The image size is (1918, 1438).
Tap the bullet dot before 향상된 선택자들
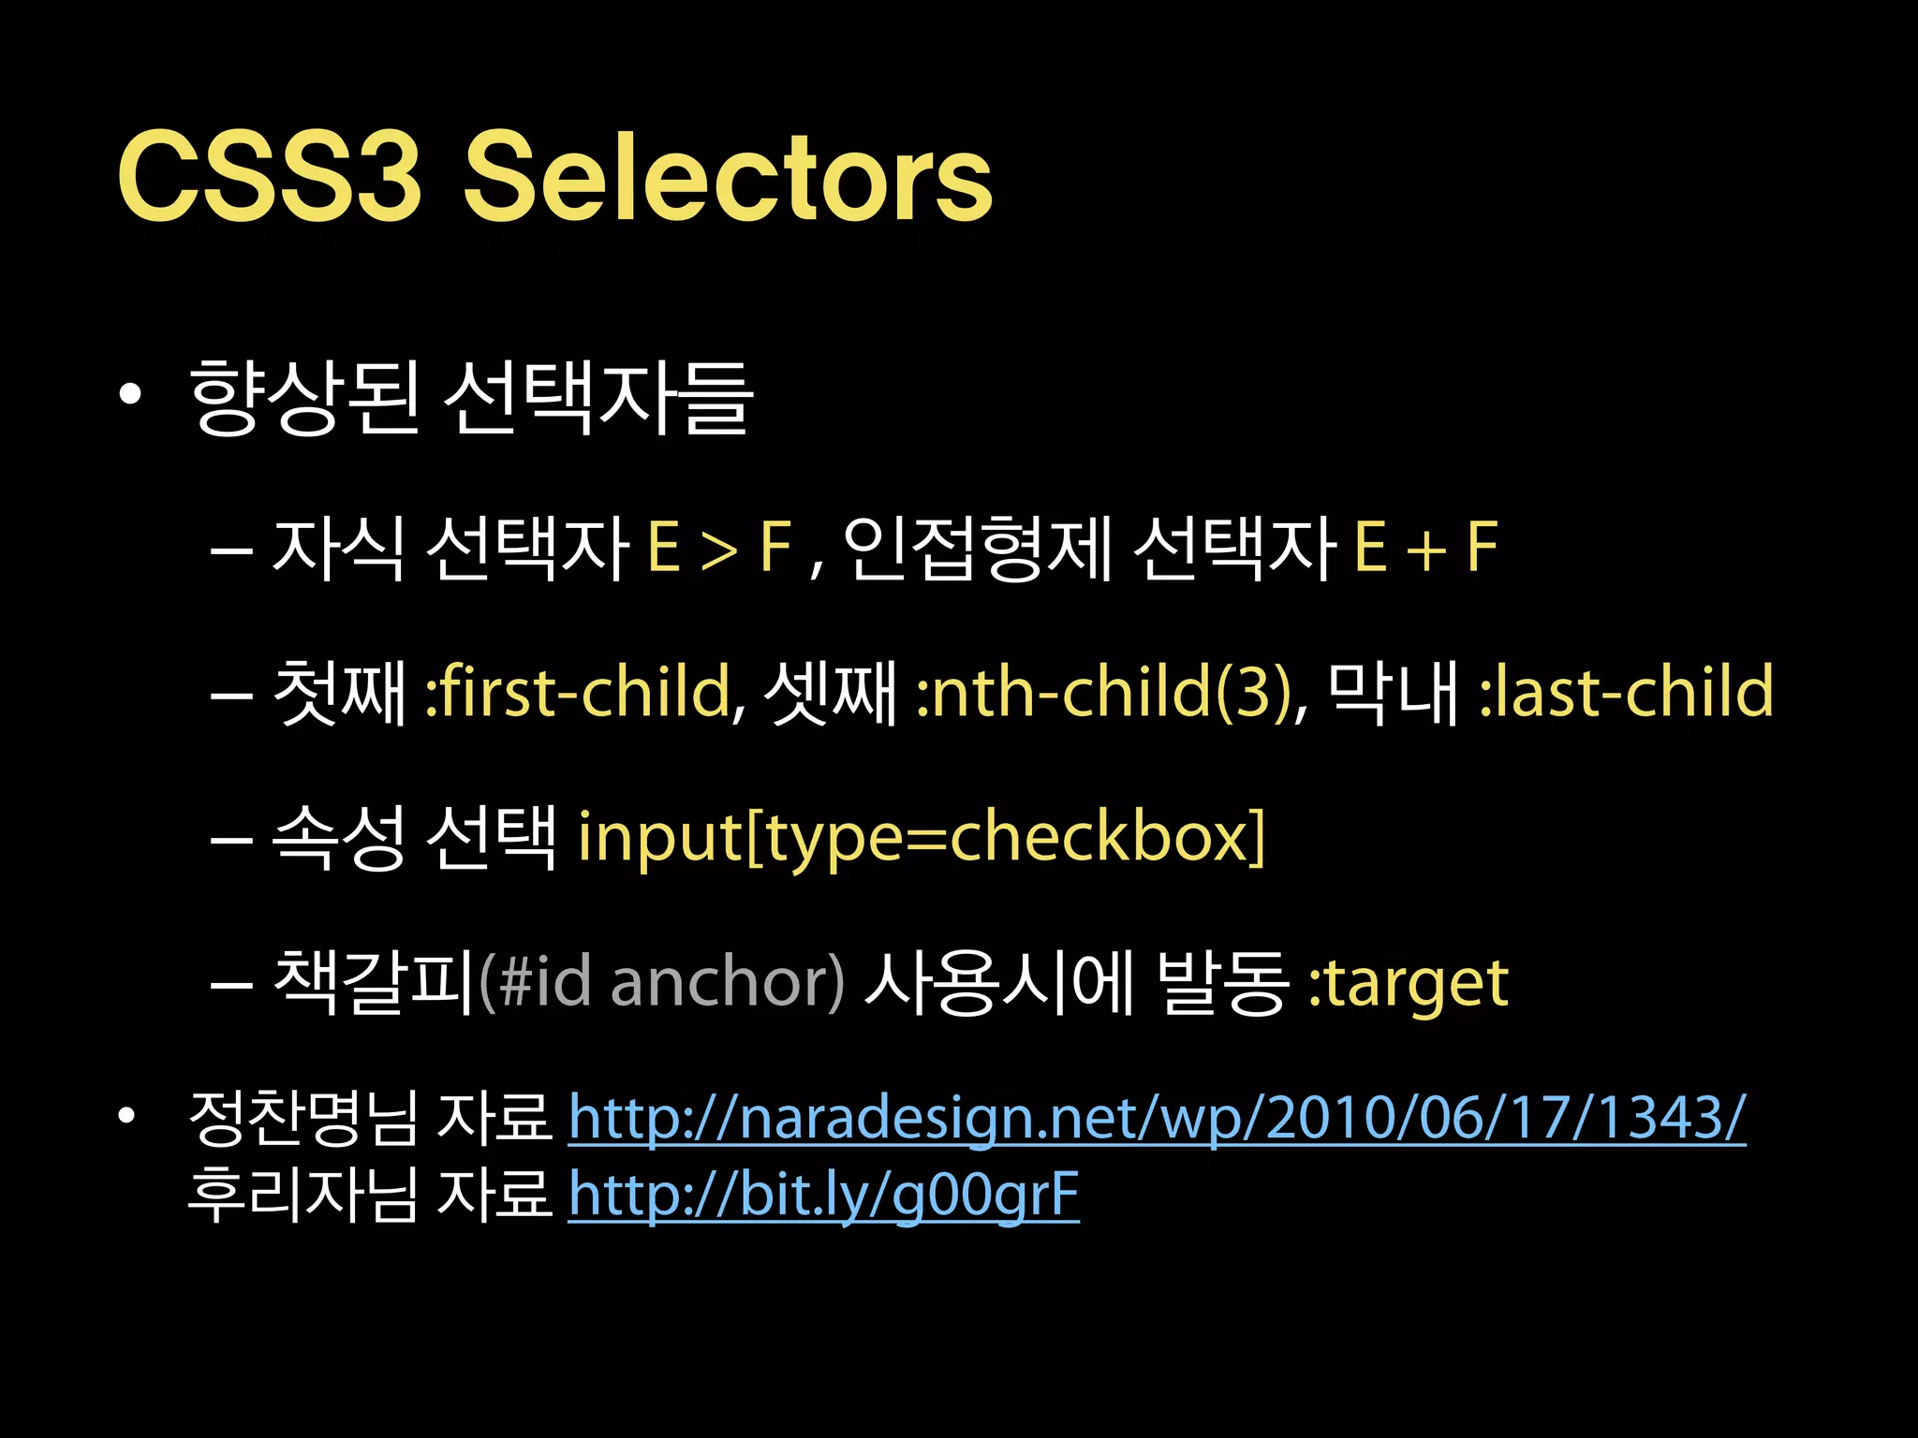pos(130,395)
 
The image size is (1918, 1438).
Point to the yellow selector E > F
pos(719,548)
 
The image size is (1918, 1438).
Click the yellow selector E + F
pos(1425,548)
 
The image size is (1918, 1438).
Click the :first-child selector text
pos(577,692)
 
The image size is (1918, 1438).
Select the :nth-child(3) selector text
pos(1105,692)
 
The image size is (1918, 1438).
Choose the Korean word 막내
pos(1393,692)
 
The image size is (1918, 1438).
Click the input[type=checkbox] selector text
pos(921,837)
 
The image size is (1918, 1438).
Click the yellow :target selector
pos(1408,984)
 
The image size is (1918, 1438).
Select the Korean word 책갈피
pos(374,982)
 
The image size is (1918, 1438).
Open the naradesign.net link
pos(1157,1118)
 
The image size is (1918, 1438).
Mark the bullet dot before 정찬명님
pos(128,1116)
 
